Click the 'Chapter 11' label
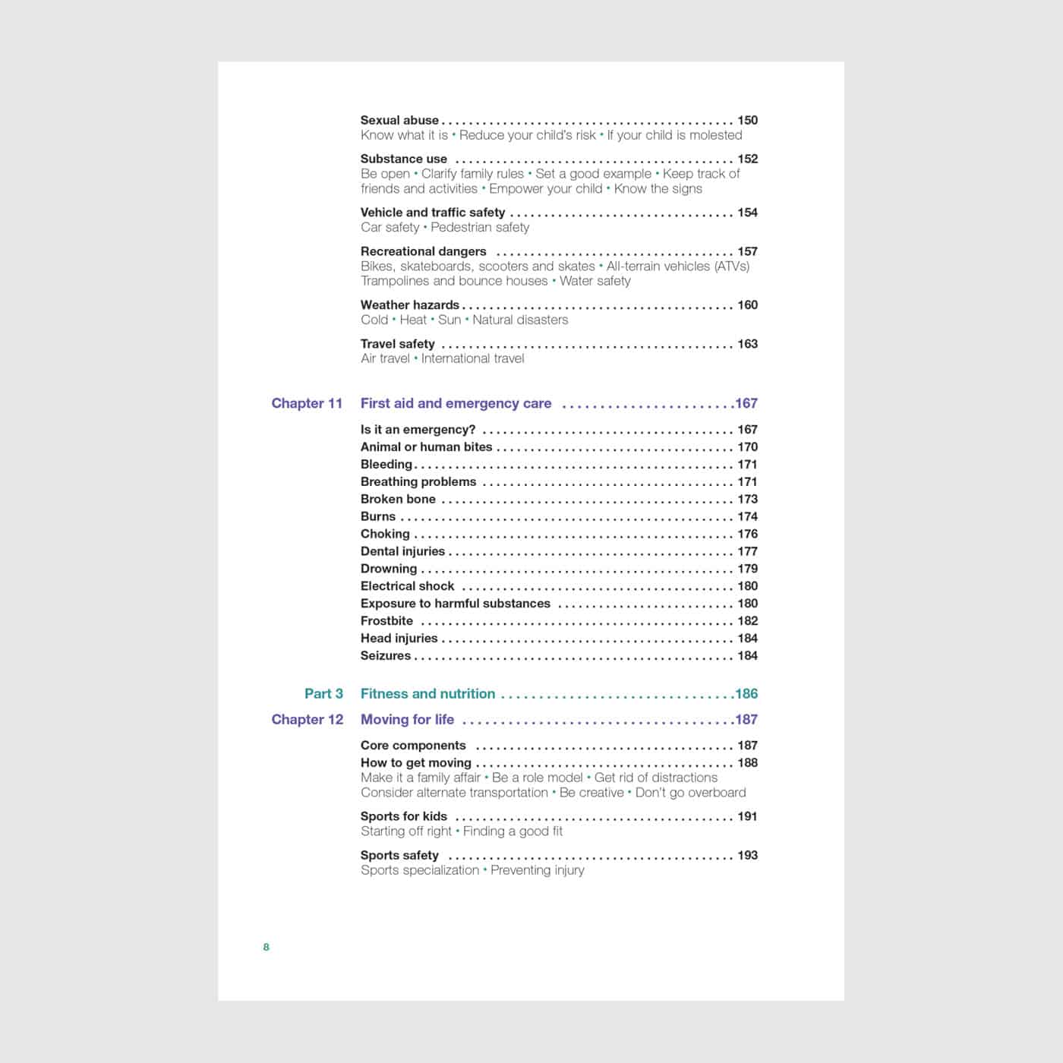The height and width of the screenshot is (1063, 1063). pos(307,403)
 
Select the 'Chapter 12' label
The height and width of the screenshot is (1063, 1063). pos(307,719)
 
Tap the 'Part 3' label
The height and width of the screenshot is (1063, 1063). pos(323,693)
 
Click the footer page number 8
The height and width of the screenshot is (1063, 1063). pos(266,947)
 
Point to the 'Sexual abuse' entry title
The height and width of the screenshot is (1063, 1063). pos(399,120)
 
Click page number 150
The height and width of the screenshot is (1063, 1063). pos(747,120)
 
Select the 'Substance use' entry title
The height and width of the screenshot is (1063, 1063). pos(404,159)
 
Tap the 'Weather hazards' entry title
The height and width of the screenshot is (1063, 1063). pos(409,304)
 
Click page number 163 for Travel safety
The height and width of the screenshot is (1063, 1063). pos(747,344)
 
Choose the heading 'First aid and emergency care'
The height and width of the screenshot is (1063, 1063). pos(456,403)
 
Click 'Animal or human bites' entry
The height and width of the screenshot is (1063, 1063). pos(426,446)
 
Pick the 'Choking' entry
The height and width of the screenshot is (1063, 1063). pos(385,534)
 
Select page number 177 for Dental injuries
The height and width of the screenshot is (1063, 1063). pos(747,551)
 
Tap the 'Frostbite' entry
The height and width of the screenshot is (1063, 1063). pos(386,620)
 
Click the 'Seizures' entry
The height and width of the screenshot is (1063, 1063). pos(386,655)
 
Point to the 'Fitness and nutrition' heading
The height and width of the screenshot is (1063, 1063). pos(427,693)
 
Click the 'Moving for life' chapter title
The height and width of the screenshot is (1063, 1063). pos(407,719)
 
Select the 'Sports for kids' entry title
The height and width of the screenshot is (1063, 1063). pos(404,816)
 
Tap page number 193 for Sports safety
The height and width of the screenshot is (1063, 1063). pos(747,855)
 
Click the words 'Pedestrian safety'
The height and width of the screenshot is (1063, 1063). pos(480,227)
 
